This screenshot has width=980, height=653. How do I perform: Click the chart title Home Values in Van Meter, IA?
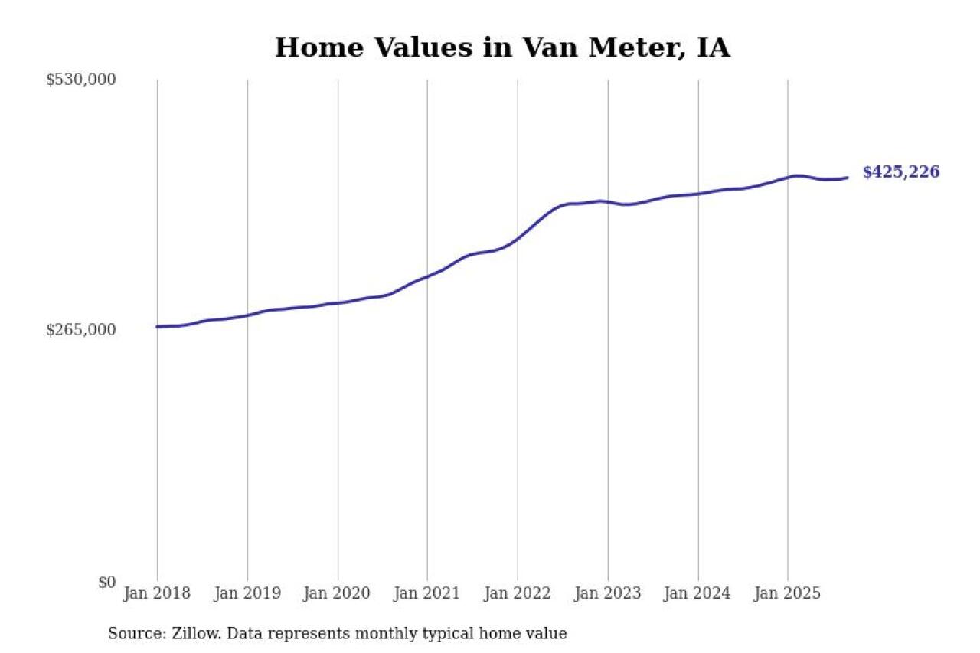tap(502, 47)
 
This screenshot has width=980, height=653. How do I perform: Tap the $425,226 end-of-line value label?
tap(900, 172)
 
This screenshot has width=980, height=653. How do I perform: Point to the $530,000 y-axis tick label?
tap(81, 80)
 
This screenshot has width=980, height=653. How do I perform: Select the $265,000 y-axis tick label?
tap(81, 330)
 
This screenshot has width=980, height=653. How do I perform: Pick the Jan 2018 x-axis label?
tap(157, 594)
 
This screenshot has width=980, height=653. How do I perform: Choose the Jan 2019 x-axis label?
tap(247, 594)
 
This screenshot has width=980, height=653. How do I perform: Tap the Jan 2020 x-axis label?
tap(338, 594)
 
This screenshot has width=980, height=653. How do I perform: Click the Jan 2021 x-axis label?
tap(427, 594)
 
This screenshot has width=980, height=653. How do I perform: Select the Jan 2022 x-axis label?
tap(518, 594)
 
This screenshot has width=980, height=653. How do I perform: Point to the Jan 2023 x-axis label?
tap(608, 594)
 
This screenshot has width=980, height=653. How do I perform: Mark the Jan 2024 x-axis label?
tap(697, 594)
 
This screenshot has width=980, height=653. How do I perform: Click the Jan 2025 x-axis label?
tap(788, 594)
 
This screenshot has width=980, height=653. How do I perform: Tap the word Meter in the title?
tap(632, 47)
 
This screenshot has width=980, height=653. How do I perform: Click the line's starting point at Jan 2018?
tap(158, 327)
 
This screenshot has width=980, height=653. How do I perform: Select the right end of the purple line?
tap(847, 178)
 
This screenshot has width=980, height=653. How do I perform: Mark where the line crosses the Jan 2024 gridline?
tap(698, 194)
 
